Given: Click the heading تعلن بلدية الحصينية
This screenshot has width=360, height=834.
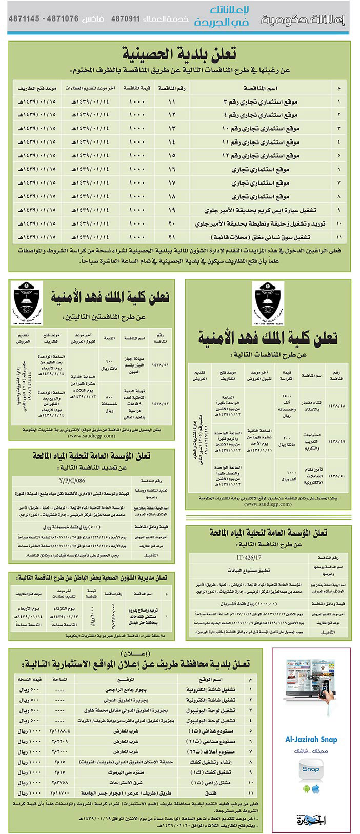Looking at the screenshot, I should pos(180,54).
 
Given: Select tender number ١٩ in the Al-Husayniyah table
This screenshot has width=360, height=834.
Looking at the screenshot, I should pos(172,210).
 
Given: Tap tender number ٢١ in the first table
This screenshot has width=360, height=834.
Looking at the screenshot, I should pos(172,237).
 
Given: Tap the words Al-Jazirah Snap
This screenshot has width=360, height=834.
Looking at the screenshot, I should pos(311,739).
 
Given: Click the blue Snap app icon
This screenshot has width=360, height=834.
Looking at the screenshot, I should pos(311,769).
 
